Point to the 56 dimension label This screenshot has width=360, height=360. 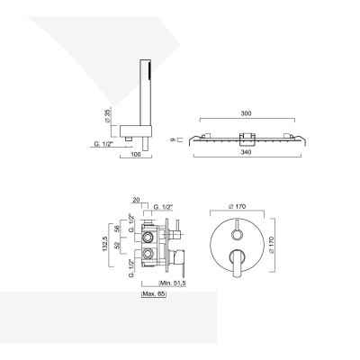(120, 229)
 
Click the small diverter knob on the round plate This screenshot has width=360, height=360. (238, 228)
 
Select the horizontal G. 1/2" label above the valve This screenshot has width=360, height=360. (163, 209)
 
